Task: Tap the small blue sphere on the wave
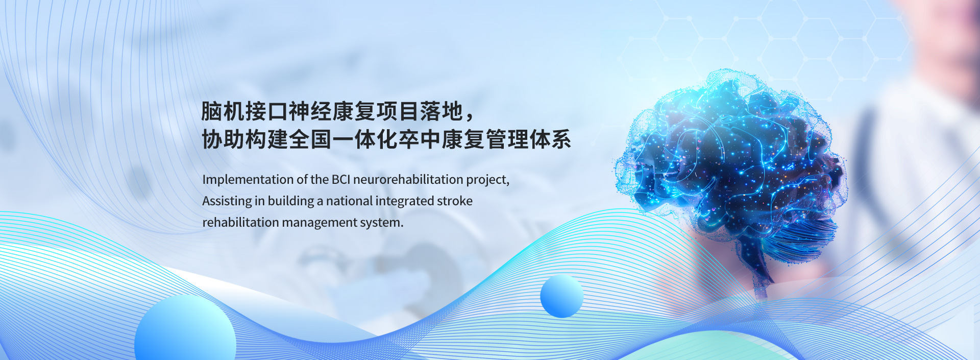(561, 296)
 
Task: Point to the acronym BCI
(341, 179)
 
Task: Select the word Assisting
(227, 201)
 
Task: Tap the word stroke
(454, 201)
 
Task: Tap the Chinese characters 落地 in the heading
(442, 111)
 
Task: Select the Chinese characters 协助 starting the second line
(223, 139)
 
